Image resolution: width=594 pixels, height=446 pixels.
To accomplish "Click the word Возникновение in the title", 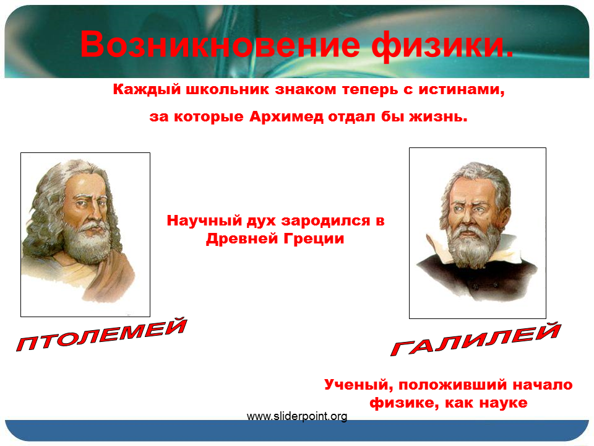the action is pyautogui.click(x=220, y=45).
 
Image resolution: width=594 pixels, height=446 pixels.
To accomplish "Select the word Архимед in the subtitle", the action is pyautogui.click(x=286, y=116).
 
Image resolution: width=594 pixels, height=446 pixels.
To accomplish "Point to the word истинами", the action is pyautogui.click(x=461, y=90).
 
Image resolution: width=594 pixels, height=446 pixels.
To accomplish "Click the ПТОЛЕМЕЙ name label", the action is pyautogui.click(x=101, y=335).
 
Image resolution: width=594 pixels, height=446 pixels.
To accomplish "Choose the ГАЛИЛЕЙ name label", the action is pyautogui.click(x=476, y=339).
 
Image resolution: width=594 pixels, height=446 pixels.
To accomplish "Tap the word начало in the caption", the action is pyautogui.click(x=543, y=385).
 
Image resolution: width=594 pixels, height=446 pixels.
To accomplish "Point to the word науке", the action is pyautogui.click(x=504, y=403).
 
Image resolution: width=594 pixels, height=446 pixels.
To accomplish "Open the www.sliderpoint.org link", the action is pyautogui.click(x=297, y=416).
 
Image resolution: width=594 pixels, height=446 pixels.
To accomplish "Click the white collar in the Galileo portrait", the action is pyautogui.click(x=436, y=248).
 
